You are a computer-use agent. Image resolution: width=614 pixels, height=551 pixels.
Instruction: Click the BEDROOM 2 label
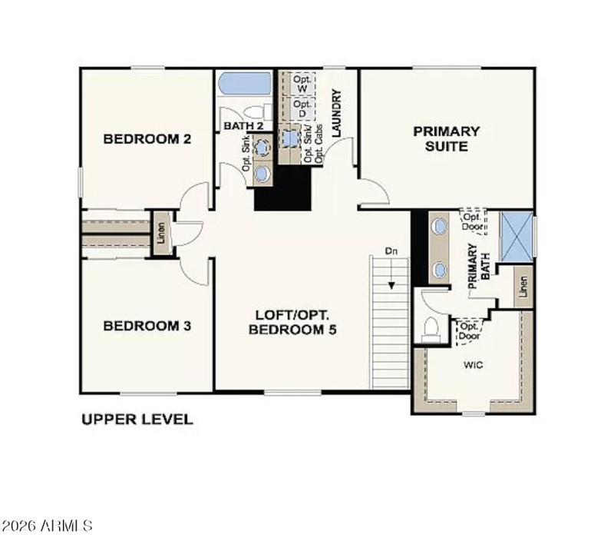pyautogui.click(x=147, y=139)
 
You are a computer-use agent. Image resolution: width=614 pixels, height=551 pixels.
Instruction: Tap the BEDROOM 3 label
pyautogui.click(x=147, y=326)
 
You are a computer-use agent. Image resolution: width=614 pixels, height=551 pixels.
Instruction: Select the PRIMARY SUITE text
pyautogui.click(x=447, y=138)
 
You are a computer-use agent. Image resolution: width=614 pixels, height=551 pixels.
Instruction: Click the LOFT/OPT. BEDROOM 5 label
pyautogui.click(x=292, y=322)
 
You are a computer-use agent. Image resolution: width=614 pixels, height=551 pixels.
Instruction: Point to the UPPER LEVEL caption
pyautogui.click(x=137, y=420)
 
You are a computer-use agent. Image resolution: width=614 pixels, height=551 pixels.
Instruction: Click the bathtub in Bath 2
pyautogui.click(x=243, y=84)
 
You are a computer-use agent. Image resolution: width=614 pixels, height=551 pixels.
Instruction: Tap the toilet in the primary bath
pyautogui.click(x=431, y=328)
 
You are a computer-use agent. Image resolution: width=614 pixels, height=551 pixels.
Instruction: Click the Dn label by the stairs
pyautogui.click(x=391, y=252)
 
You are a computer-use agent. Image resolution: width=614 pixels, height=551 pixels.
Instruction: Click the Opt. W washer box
pyautogui.click(x=302, y=83)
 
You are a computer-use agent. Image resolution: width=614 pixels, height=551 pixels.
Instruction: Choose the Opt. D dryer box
pyautogui.click(x=302, y=108)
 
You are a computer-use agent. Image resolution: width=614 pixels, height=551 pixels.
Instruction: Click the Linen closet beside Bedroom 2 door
pyautogui.click(x=162, y=233)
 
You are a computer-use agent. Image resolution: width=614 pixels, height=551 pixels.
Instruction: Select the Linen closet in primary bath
pyautogui.click(x=523, y=287)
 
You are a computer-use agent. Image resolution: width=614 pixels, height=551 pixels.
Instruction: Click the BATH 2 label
pyautogui.click(x=243, y=125)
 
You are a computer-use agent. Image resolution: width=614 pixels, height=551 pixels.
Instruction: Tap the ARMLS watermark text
pyautogui.click(x=48, y=526)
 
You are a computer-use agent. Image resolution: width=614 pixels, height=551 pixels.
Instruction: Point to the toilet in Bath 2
pyautogui.click(x=259, y=112)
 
